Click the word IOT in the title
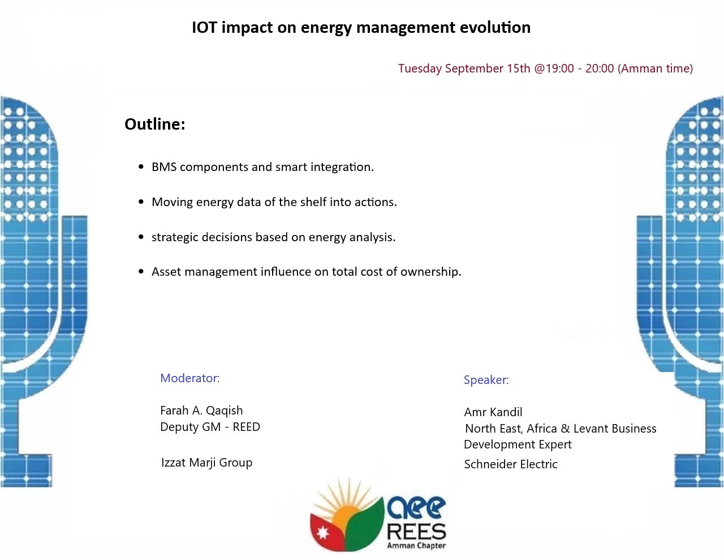(x=204, y=27)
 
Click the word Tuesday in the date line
(x=420, y=69)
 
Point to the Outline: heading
(x=154, y=124)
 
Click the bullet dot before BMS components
(x=141, y=166)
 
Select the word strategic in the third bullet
(x=175, y=237)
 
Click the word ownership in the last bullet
(x=431, y=272)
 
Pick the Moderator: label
(x=190, y=378)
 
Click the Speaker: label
(x=486, y=380)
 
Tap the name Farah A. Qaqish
(x=201, y=411)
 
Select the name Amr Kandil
(x=493, y=412)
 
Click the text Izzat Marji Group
(x=206, y=463)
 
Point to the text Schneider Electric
(x=511, y=464)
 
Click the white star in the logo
(x=322, y=533)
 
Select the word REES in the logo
(x=416, y=532)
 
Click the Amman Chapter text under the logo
(x=416, y=546)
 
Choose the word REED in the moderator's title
(x=246, y=427)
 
